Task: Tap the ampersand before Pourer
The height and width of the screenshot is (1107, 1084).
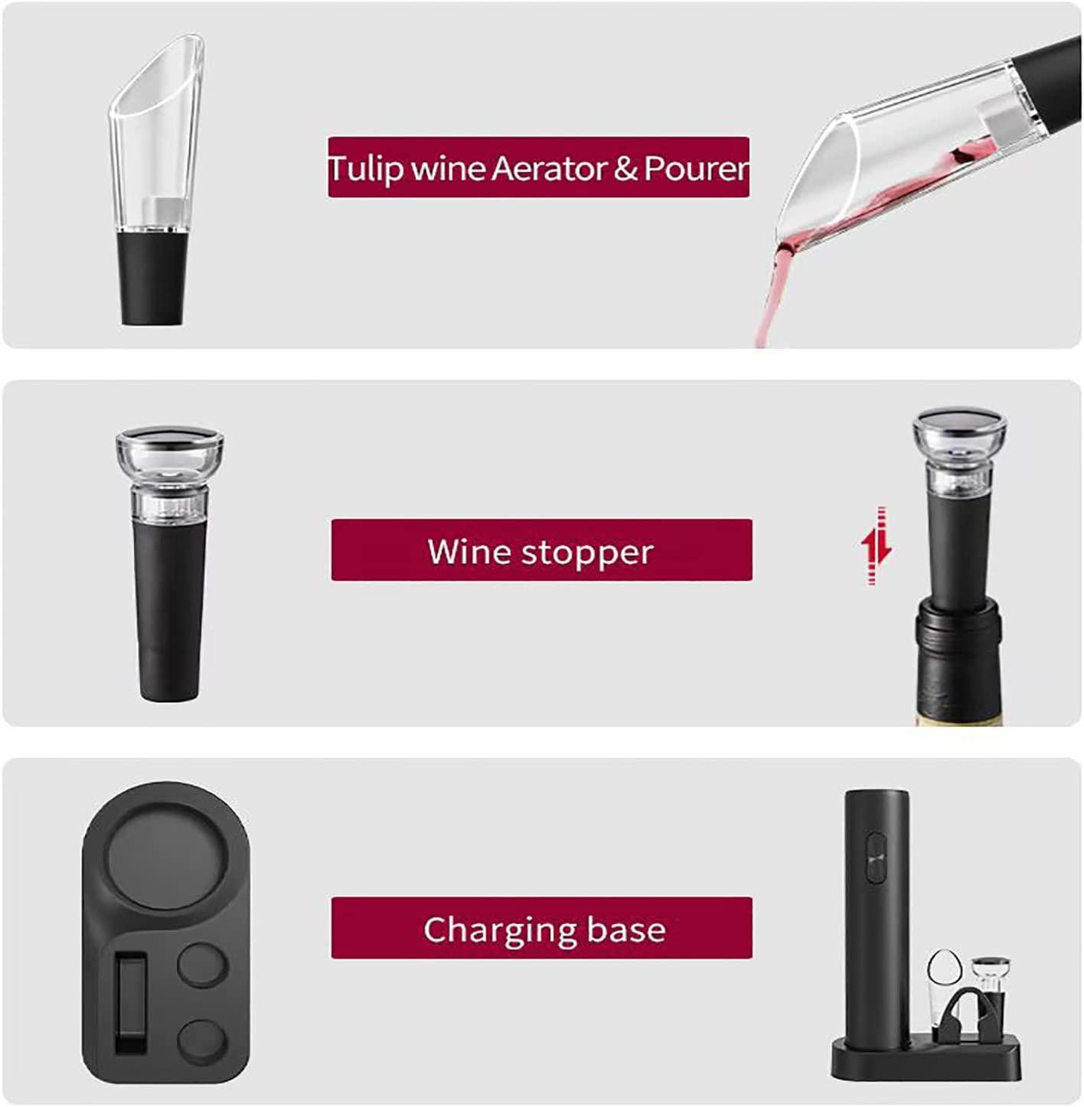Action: coord(625,168)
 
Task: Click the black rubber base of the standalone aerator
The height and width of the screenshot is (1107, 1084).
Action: coord(152,278)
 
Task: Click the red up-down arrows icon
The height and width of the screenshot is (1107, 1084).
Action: coord(876,545)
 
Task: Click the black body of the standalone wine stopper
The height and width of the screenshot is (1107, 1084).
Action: coord(170,610)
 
